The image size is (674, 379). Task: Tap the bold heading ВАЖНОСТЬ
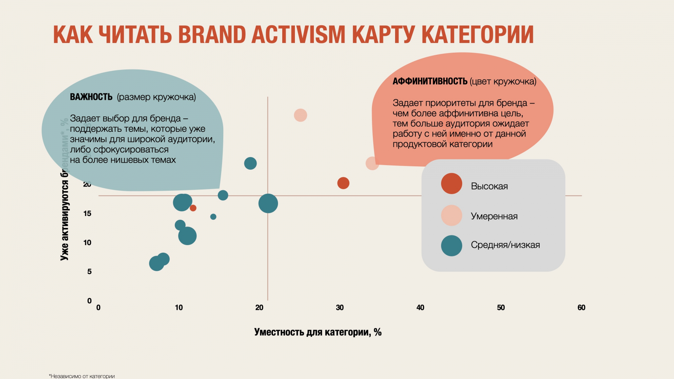(91, 97)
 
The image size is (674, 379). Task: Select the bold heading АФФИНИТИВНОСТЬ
(430, 81)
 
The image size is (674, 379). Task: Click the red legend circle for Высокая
(452, 184)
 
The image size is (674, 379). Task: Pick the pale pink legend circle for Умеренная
(452, 216)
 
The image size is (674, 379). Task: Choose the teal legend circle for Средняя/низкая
(452, 246)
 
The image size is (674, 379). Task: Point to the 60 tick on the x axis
(581, 307)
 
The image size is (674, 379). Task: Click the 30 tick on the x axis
(340, 307)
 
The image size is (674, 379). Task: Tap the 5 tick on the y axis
(89, 272)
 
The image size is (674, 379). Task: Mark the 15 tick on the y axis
(87, 214)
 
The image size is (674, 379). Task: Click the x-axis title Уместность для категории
(318, 332)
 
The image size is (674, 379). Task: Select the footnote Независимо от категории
(82, 376)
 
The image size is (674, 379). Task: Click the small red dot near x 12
(193, 208)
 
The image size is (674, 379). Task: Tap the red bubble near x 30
(343, 183)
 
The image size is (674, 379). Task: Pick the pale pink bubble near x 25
(300, 115)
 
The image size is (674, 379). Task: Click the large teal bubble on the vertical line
(268, 203)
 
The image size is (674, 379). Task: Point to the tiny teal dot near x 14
(213, 217)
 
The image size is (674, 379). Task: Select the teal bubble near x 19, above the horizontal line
(250, 163)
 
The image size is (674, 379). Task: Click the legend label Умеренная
(494, 216)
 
